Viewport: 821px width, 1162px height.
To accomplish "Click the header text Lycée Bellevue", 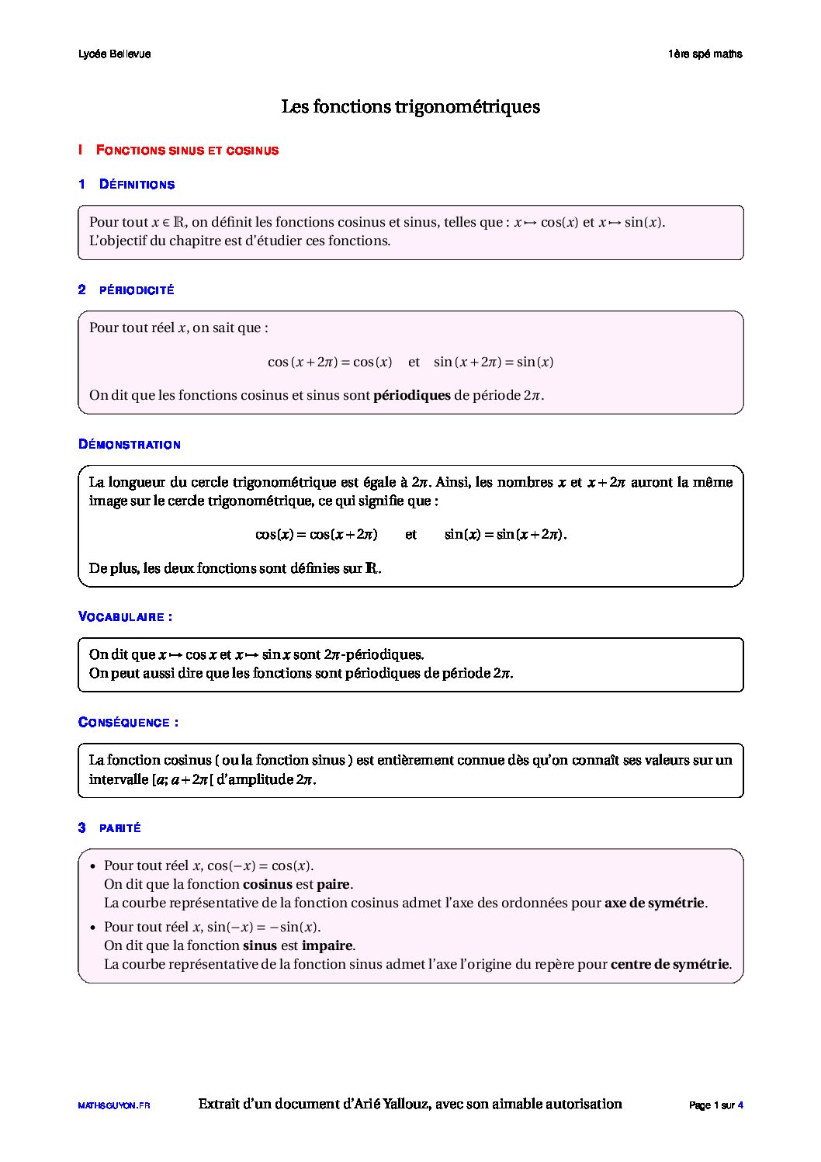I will click(114, 54).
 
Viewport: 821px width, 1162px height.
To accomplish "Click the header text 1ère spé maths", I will click(705, 54).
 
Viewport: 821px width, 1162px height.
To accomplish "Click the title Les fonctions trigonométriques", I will click(410, 106).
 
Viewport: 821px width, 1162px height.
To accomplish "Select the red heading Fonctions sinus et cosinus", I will click(187, 151).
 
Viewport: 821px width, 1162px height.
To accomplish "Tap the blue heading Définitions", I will click(137, 185).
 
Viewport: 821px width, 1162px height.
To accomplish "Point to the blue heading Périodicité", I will click(137, 290).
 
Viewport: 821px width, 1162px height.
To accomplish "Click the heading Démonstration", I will click(130, 445).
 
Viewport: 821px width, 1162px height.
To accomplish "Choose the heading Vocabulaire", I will click(125, 617).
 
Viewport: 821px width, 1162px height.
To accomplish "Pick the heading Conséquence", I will click(128, 723).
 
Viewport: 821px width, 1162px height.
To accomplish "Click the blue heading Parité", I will click(120, 828).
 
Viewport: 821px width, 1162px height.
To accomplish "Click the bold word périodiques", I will click(411, 395).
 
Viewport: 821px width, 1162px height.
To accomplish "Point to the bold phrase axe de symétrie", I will click(654, 903).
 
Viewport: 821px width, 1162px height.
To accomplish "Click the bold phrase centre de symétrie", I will click(670, 964).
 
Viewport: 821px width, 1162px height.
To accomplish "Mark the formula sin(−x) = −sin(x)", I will click(263, 927).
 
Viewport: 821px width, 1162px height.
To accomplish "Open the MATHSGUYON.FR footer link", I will click(114, 1105).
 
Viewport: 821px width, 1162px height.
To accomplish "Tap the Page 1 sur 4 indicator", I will click(715, 1105).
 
